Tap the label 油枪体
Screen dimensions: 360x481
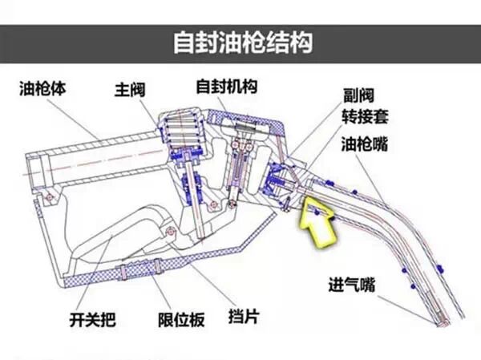[42, 87]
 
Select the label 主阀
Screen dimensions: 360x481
[129, 87]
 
